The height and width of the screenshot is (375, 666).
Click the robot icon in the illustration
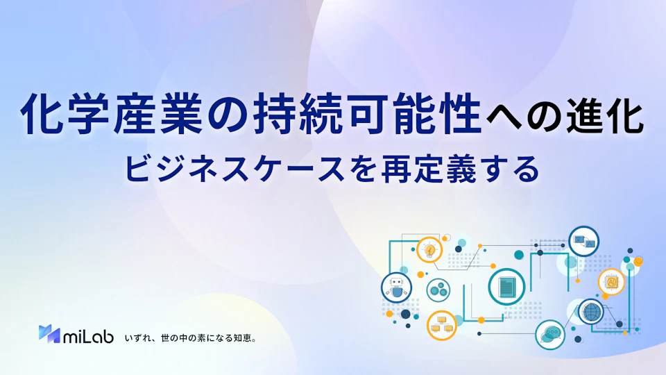pos(396,287)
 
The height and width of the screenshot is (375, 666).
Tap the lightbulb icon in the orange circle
pos(429,249)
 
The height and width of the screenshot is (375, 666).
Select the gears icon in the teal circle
pos(438,290)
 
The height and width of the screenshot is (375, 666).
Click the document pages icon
pos(506,287)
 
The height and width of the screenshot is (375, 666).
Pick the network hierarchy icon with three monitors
pos(442,325)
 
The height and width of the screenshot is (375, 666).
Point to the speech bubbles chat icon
pos(550,335)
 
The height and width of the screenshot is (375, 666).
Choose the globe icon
pos(591,312)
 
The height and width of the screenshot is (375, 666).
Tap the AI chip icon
pos(611,282)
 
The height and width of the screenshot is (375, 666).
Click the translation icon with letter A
pos(584,242)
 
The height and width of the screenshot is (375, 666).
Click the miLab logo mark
pos(49,334)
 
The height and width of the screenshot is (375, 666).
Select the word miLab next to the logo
pos(88,336)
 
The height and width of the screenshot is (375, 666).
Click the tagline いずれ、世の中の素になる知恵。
pos(190,338)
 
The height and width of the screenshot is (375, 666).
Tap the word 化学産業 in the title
pos(111,115)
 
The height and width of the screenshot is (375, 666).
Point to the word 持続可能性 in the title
pos(368,115)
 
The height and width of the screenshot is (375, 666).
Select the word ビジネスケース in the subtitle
pos(234,169)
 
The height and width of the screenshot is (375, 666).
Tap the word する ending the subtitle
pos(511,169)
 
